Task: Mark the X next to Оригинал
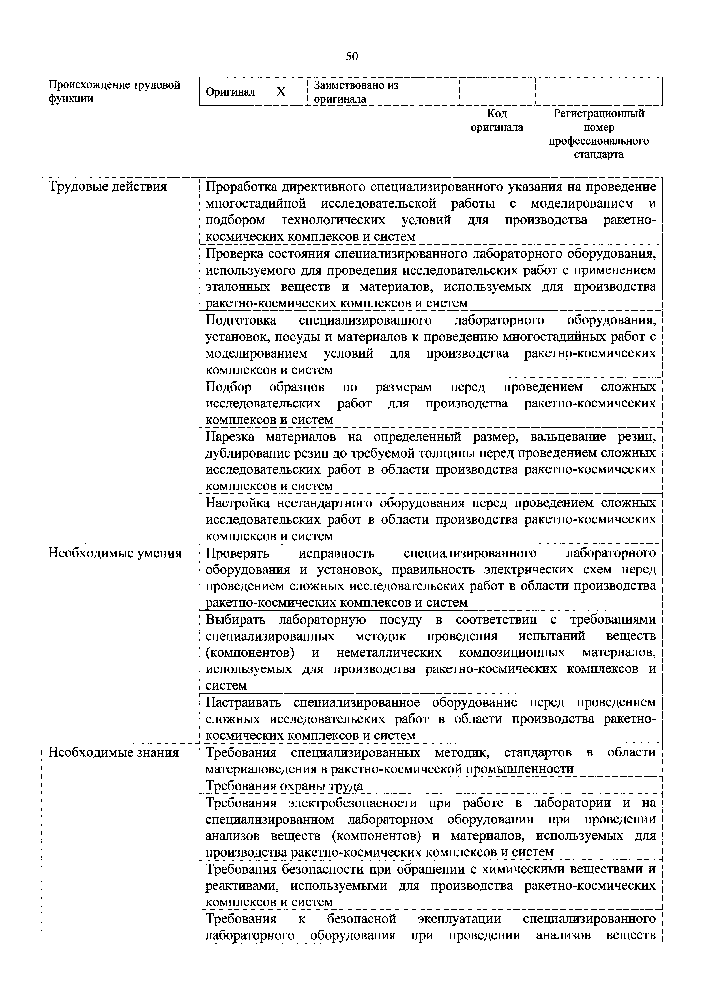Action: pyautogui.click(x=281, y=92)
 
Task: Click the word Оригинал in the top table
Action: pyautogui.click(x=230, y=92)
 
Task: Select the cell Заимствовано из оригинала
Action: pyautogui.click(x=356, y=92)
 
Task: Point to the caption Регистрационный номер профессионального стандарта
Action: pyautogui.click(x=599, y=134)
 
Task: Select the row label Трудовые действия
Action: pyautogui.click(x=107, y=187)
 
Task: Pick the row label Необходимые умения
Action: pyautogui.click(x=115, y=553)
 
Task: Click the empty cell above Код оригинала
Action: pyautogui.click(x=497, y=92)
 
